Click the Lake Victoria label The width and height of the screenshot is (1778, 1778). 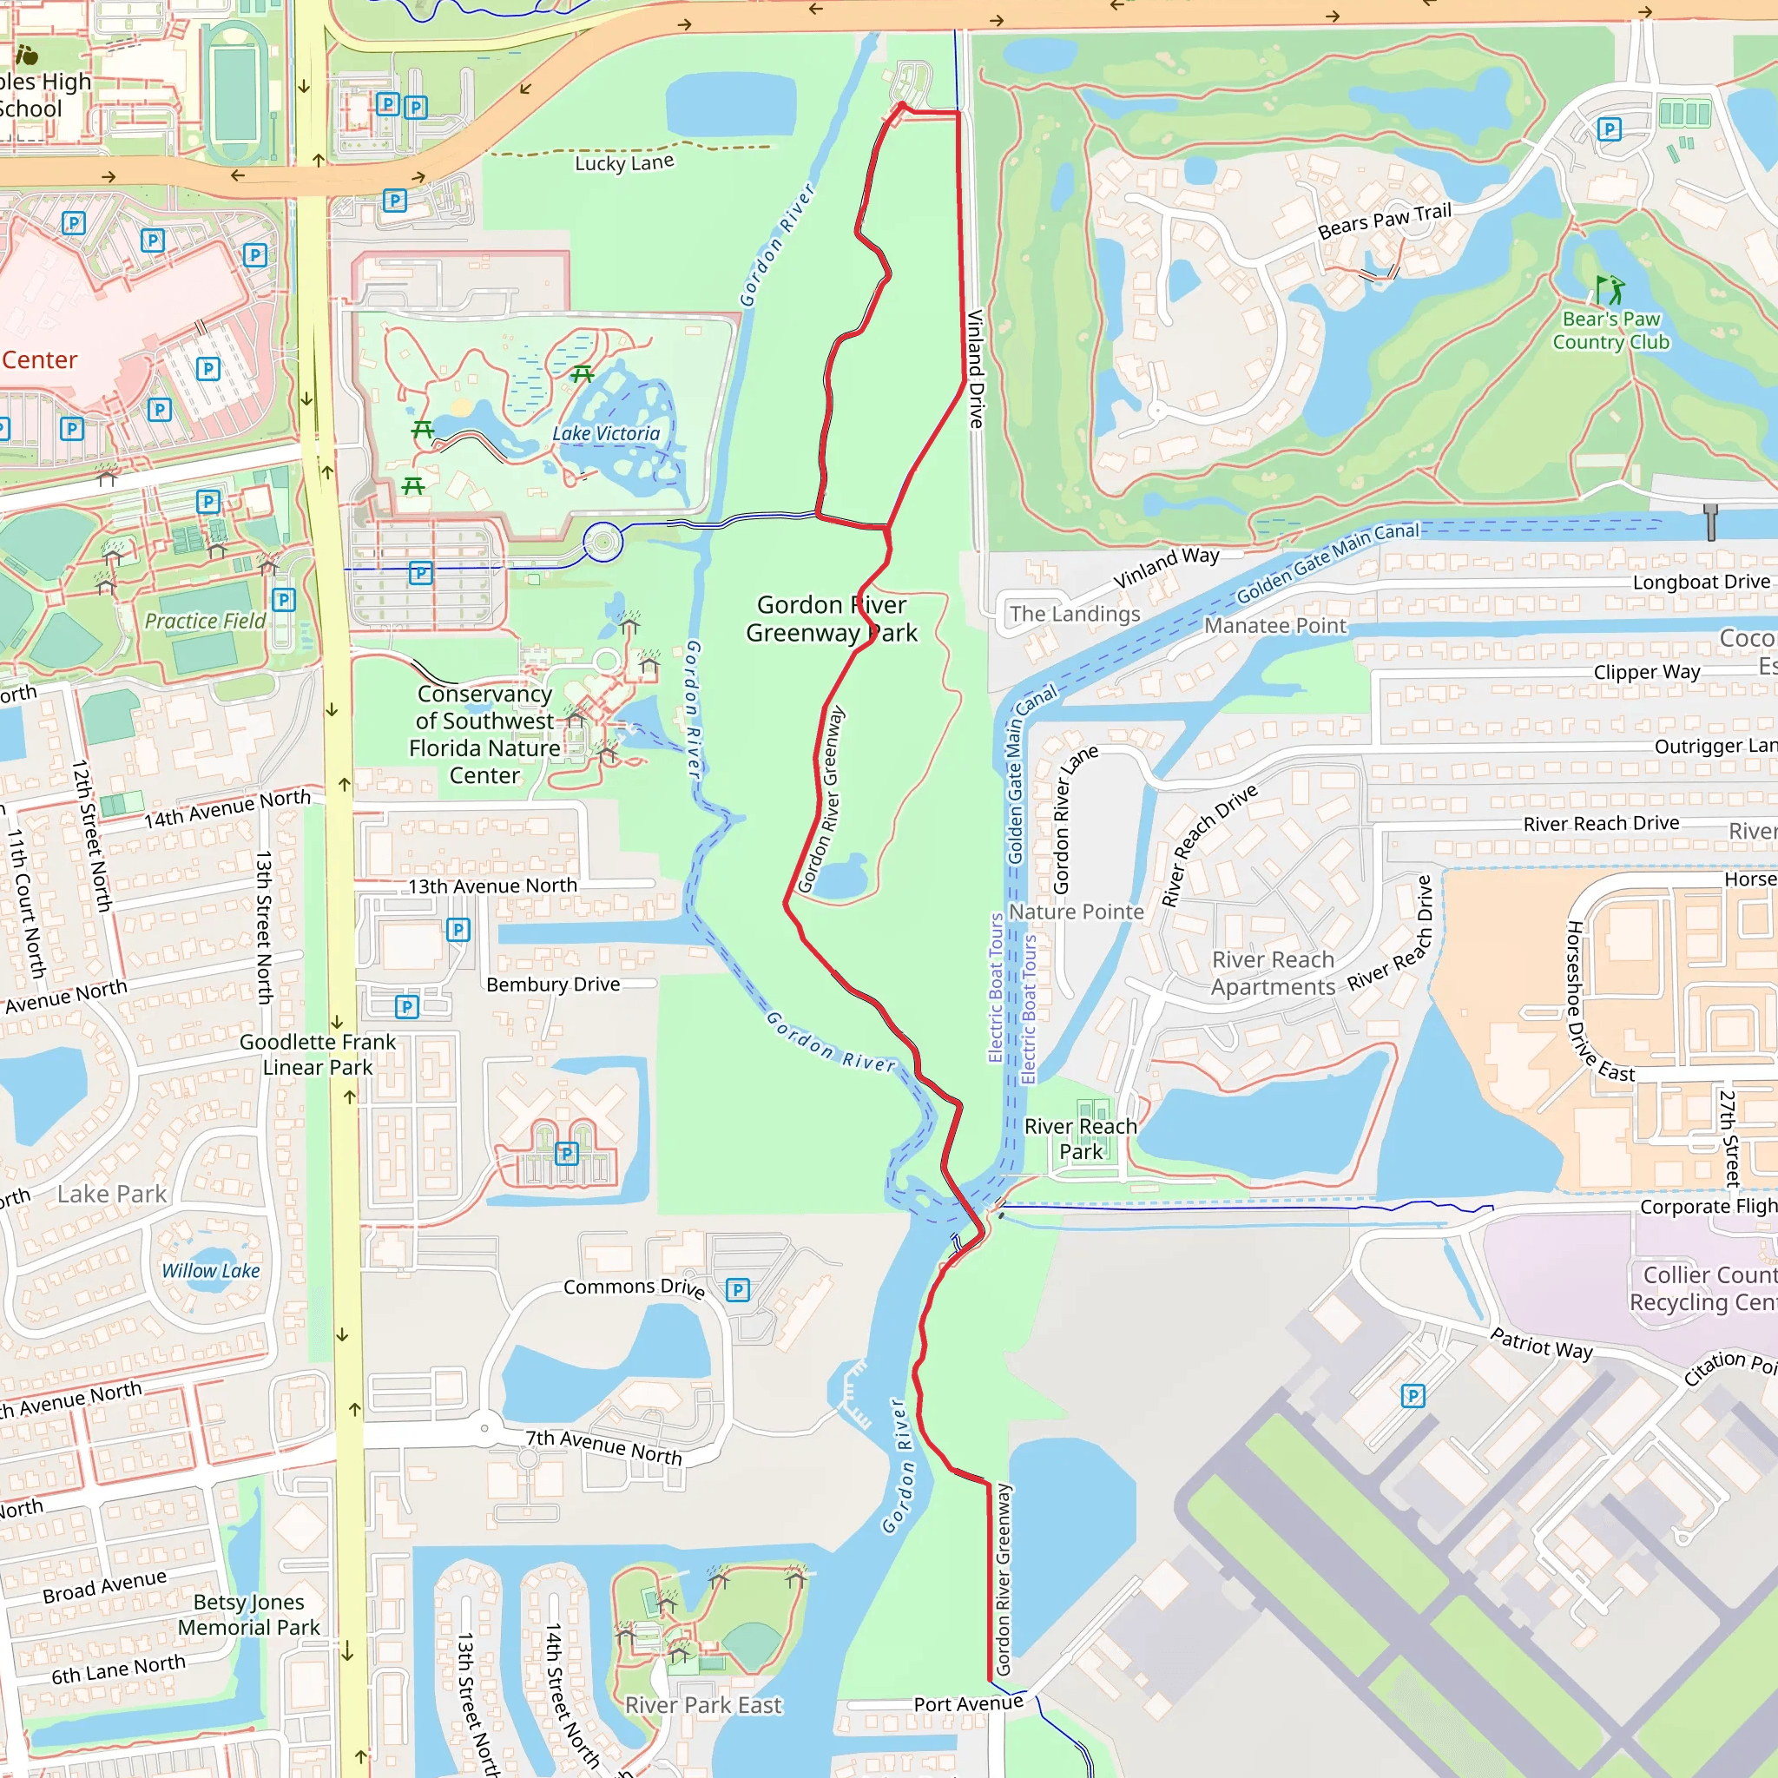[606, 433]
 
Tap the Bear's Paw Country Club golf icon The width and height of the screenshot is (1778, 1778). [1610, 290]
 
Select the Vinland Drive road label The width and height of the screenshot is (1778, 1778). [976, 368]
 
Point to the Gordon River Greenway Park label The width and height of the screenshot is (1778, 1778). [831, 618]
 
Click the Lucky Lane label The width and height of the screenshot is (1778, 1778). [624, 163]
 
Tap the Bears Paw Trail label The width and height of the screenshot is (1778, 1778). [1384, 221]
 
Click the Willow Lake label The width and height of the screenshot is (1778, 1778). [211, 1271]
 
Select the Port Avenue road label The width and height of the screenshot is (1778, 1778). [967, 1704]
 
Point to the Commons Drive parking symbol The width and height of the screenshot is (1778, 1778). [737, 1290]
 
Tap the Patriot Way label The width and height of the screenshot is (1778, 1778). [1541, 1344]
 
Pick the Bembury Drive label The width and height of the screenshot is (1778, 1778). [553, 984]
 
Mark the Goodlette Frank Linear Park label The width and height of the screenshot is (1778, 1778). [318, 1054]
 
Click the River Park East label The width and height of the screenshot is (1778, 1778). [703, 1705]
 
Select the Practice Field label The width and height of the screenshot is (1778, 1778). [205, 622]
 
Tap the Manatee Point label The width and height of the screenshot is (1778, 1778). [1274, 626]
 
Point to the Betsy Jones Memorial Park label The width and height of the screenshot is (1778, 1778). [248, 1614]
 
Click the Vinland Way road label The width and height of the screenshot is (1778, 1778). [1166, 567]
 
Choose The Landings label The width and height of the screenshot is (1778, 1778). [1074, 614]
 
